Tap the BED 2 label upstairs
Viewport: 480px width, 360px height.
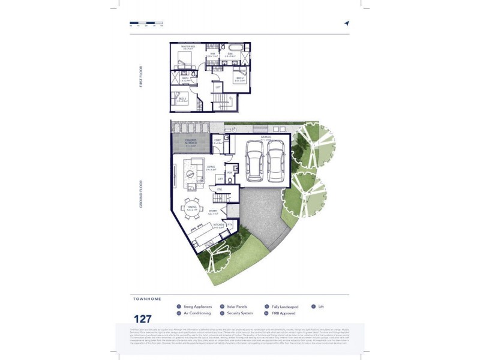point(239,79)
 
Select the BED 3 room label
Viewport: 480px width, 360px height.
point(181,99)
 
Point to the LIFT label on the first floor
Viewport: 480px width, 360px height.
point(218,88)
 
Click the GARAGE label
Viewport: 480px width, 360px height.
point(266,137)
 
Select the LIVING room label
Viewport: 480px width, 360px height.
point(211,167)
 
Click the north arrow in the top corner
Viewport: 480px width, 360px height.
point(346,23)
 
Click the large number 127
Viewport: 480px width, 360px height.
point(143,319)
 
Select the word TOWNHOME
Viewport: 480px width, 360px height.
point(147,299)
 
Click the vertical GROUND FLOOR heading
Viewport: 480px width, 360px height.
point(141,194)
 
